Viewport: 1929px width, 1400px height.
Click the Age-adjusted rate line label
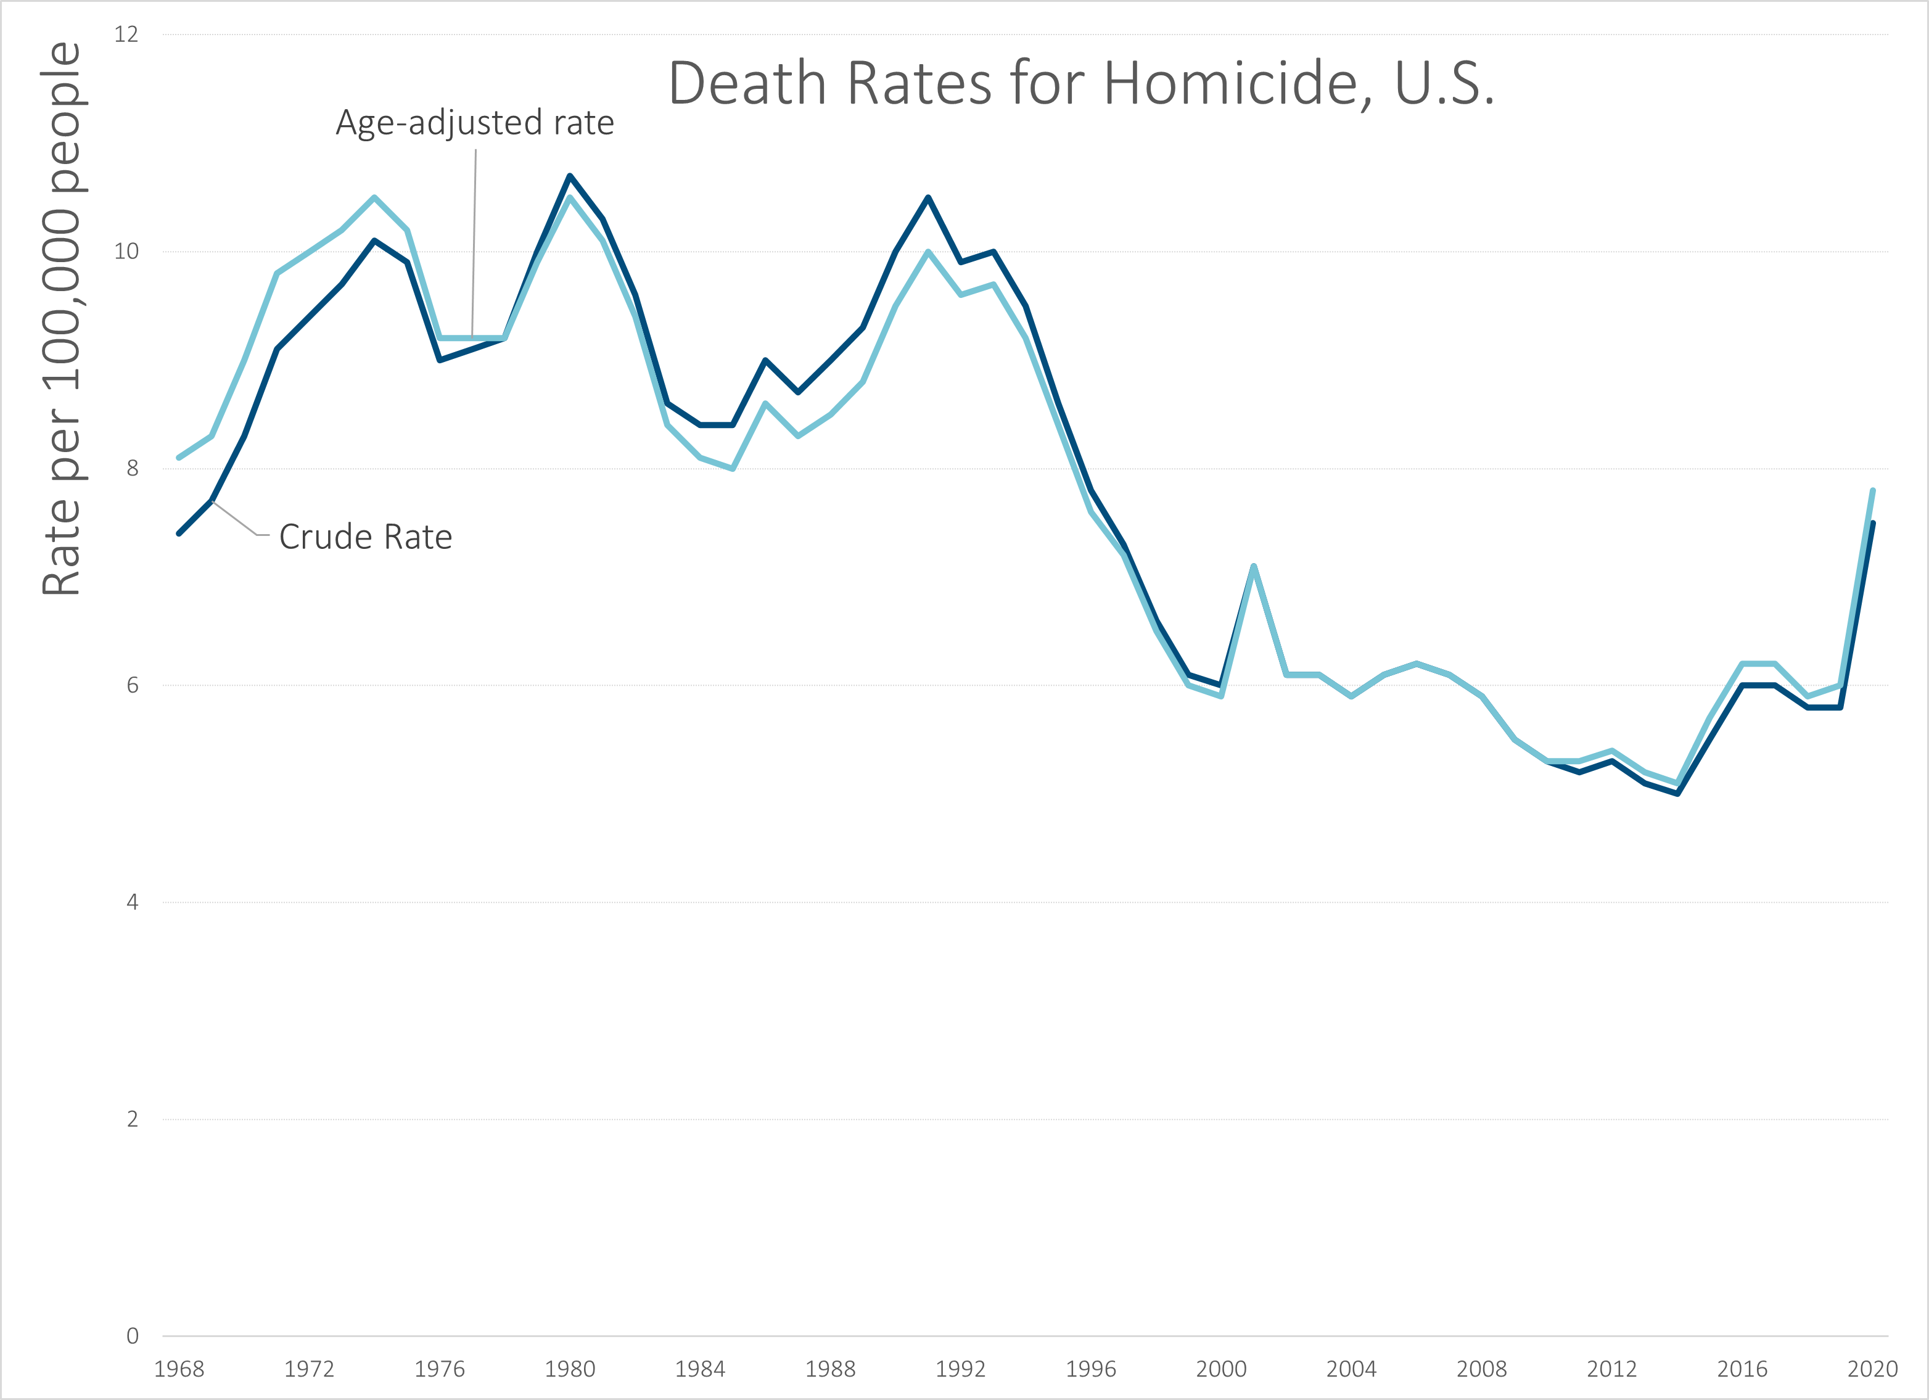click(x=475, y=123)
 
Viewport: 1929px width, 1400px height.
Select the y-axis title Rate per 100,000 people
click(x=61, y=318)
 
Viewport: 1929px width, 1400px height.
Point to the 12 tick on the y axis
click(x=126, y=35)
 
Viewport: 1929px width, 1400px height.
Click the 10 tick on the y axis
click(x=126, y=252)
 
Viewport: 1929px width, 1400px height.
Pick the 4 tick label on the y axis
click(x=132, y=902)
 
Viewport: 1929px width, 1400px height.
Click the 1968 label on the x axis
click(x=179, y=1369)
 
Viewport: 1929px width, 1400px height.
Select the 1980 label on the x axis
click(x=570, y=1369)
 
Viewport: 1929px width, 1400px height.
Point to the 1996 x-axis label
click(x=1090, y=1369)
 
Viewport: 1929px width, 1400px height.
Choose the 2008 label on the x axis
click(x=1482, y=1369)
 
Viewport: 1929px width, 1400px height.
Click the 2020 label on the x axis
click(x=1872, y=1369)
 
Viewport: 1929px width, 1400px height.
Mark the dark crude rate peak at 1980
click(x=570, y=176)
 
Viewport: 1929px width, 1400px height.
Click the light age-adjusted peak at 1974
click(x=374, y=198)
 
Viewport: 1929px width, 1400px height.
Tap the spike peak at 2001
click(x=1254, y=566)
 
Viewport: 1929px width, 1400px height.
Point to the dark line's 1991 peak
click(x=928, y=197)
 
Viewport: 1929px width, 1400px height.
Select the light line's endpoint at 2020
click(x=1873, y=491)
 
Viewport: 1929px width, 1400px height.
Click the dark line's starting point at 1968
click(x=179, y=533)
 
